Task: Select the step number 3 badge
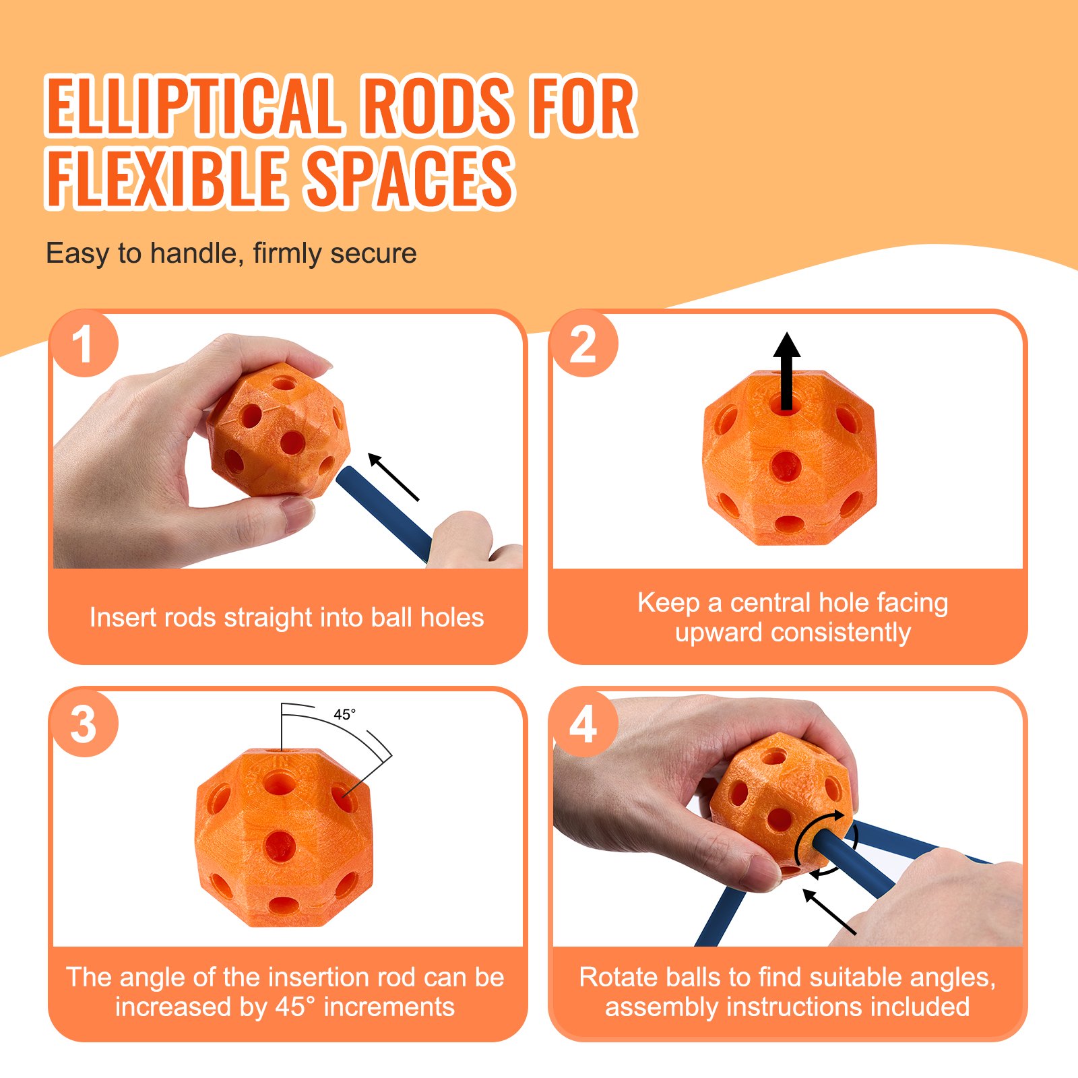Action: pos(84,724)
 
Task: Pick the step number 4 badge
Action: pos(583,724)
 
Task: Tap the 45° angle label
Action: pos(344,715)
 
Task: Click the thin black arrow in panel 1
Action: pos(394,477)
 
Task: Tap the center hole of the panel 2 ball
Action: pos(786,466)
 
